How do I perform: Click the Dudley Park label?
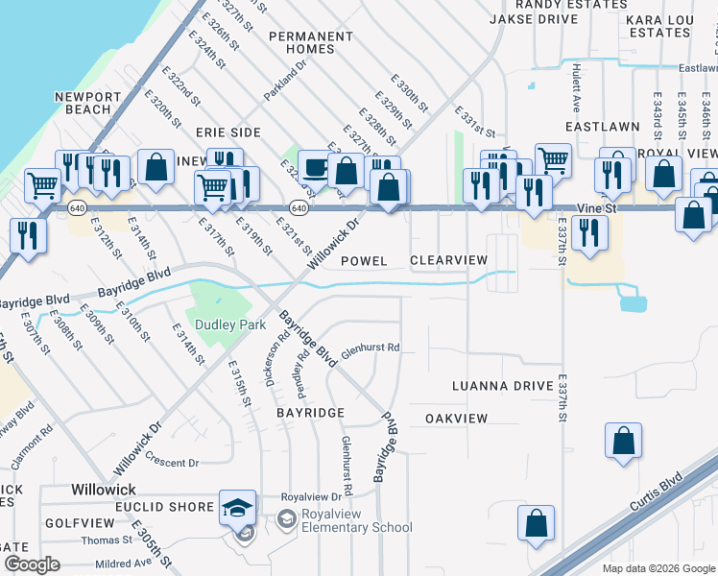point(230,324)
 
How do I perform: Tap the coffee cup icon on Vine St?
point(314,168)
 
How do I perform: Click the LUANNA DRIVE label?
point(503,386)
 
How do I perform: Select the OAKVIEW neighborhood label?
point(456,419)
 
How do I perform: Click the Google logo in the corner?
point(32,564)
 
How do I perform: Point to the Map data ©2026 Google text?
point(658,568)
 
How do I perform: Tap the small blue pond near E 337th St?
point(633,303)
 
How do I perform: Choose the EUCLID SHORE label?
point(143,506)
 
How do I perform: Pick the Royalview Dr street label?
point(311,497)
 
